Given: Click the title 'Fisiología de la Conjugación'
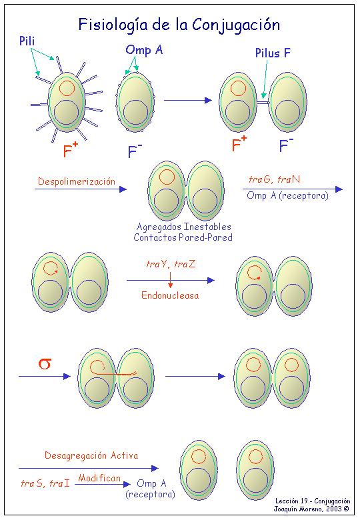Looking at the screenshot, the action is point(179,25).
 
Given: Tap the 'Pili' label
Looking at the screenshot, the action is point(27,41).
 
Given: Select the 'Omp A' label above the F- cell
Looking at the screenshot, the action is point(144,50).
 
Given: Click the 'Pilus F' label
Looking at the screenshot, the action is point(273,53).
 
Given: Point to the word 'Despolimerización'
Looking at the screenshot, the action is point(77,181).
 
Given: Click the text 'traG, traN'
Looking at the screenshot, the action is point(275,180).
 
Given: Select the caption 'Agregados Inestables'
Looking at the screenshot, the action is point(184,227).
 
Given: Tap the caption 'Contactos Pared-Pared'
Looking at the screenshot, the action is point(183,237).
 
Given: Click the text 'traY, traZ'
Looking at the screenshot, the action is point(171,264).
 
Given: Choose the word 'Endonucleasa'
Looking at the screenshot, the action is point(170,295).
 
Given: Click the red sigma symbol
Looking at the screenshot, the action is point(45,363).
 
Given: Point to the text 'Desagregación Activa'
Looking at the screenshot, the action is point(91,455).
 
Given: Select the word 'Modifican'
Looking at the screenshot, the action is point(99,478).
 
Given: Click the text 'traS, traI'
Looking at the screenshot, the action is point(45,483).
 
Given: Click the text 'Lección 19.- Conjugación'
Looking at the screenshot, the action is point(313,501).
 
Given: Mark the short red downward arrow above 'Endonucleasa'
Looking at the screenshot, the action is point(171,281).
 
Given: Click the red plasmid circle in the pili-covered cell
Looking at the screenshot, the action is point(67,88).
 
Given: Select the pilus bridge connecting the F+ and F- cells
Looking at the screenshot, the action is point(263,103).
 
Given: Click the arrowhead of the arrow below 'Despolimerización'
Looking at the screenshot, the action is point(123,189).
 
